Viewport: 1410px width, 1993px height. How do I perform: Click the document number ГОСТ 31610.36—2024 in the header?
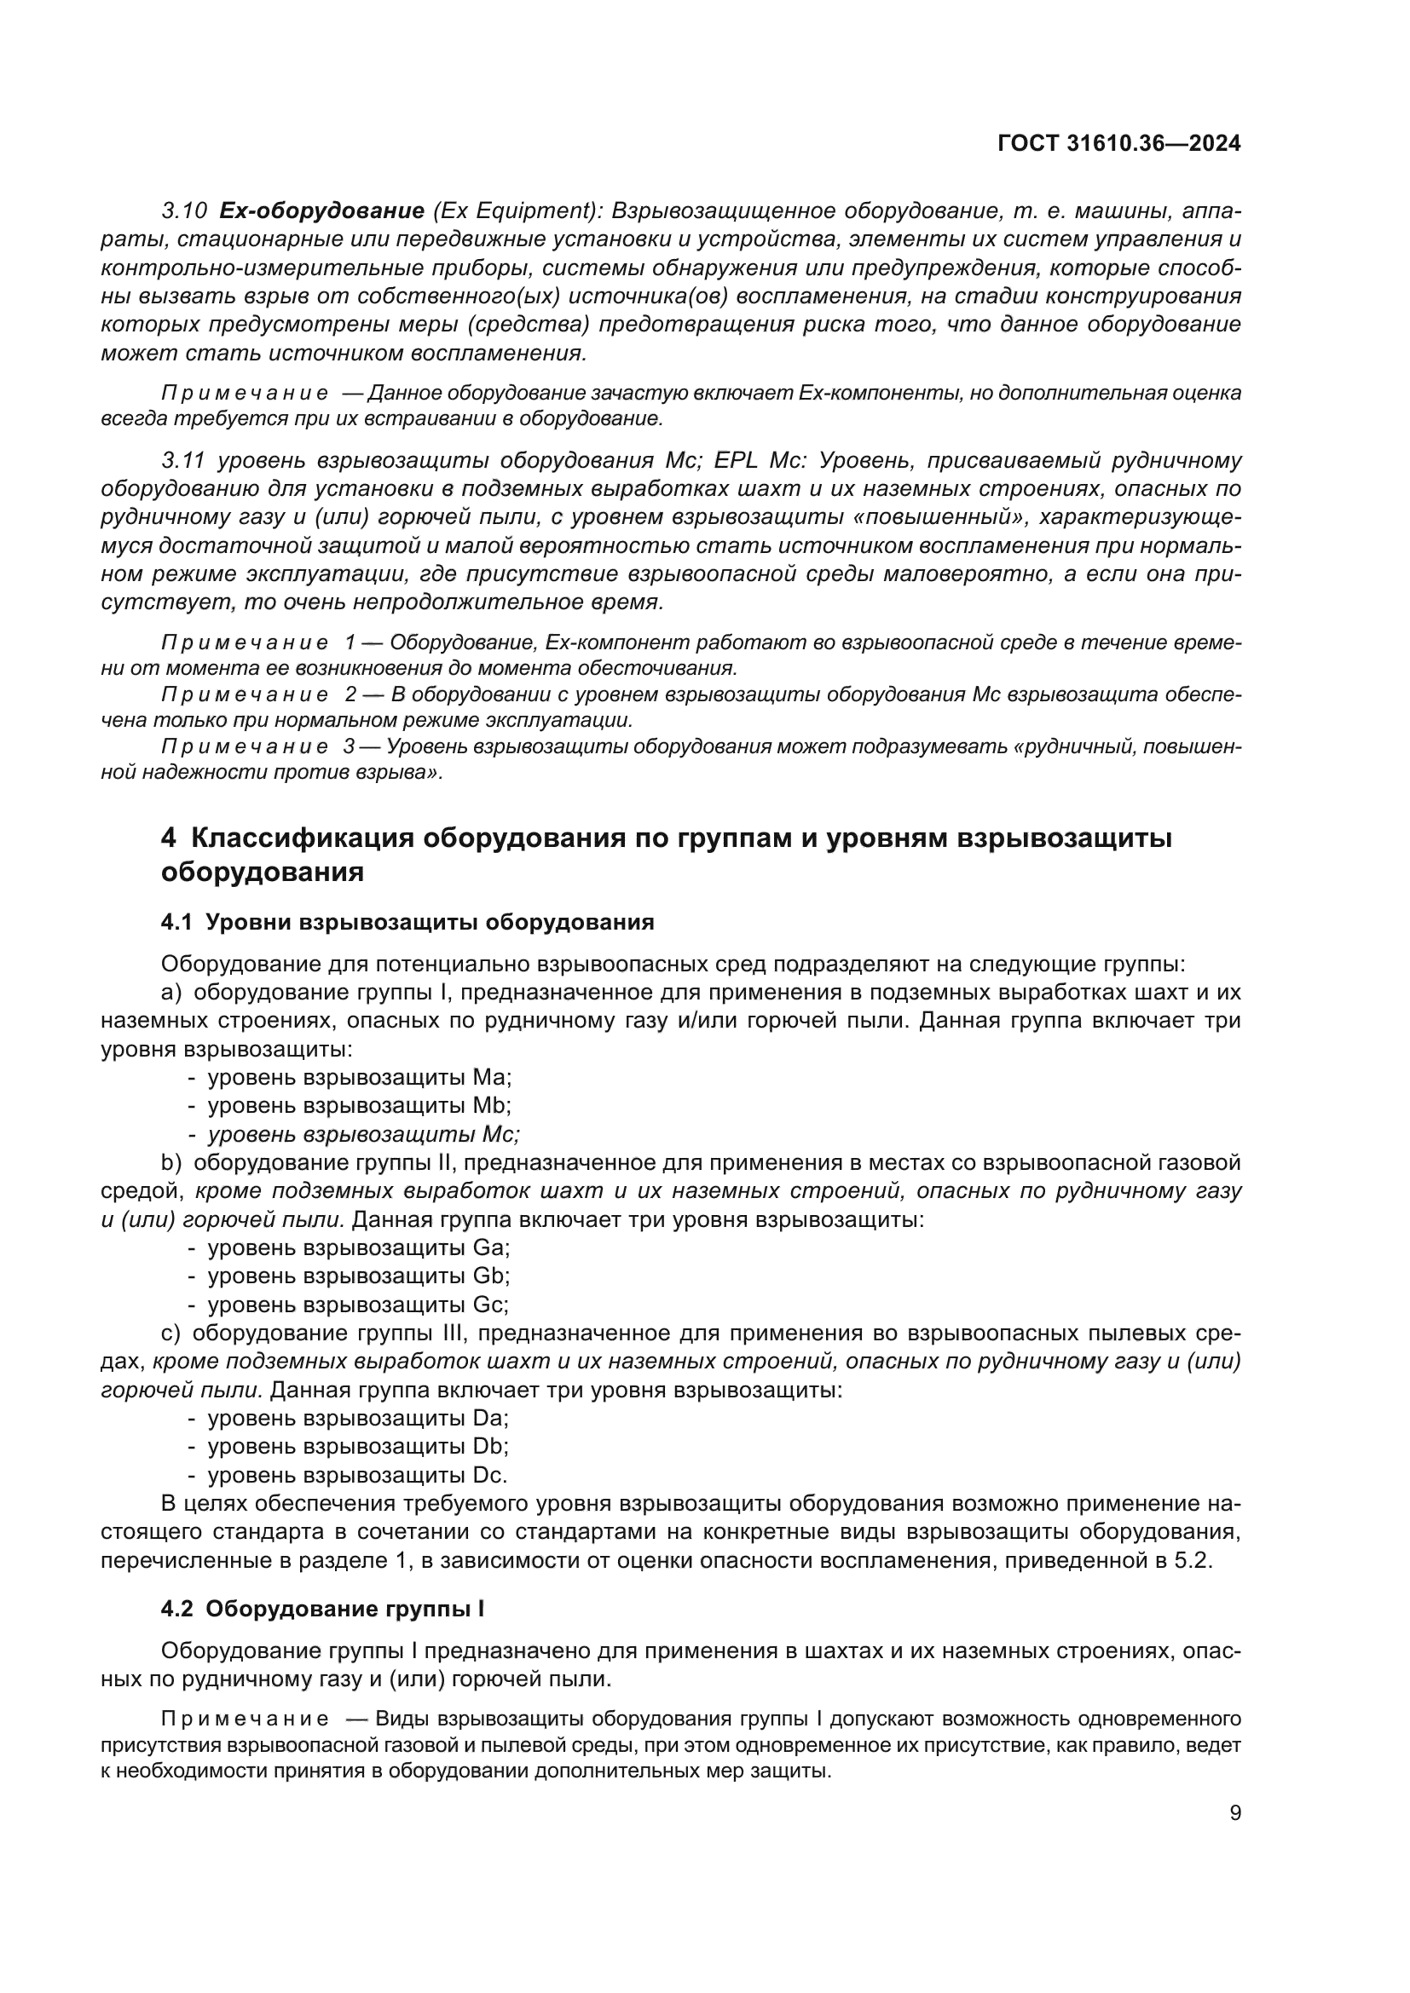pyautogui.click(x=1119, y=144)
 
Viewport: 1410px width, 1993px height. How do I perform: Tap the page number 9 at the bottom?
pyautogui.click(x=1235, y=1813)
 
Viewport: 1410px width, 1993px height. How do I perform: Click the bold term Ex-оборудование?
pyautogui.click(x=321, y=211)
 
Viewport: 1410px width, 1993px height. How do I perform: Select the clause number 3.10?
pyautogui.click(x=184, y=211)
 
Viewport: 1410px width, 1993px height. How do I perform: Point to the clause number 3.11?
pyautogui.click(x=184, y=461)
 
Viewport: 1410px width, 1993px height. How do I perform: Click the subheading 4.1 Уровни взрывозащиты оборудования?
pyautogui.click(x=407, y=922)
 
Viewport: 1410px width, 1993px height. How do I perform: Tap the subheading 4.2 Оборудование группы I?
pyautogui.click(x=323, y=1609)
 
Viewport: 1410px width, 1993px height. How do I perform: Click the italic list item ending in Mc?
pyautogui.click(x=363, y=1134)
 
